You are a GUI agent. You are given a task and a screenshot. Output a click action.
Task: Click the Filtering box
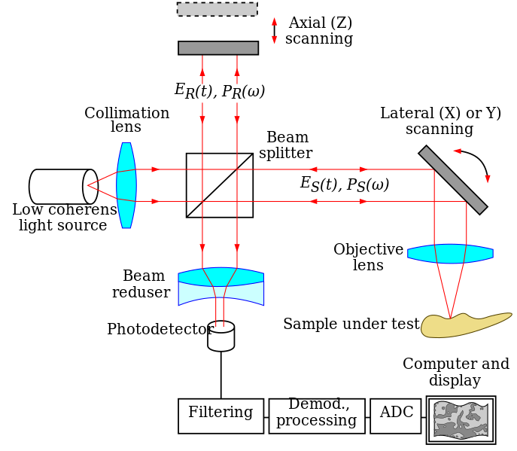coord(220,416)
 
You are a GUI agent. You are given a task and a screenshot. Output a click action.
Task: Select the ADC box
coord(395,416)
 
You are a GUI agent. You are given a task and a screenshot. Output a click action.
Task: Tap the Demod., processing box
coord(317,416)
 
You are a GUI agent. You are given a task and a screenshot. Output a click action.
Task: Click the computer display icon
coord(461,419)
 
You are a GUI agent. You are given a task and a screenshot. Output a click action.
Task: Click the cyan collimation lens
coord(126,185)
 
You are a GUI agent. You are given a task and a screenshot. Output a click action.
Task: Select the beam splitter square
coord(219,185)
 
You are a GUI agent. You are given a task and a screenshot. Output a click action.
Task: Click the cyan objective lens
coord(450,254)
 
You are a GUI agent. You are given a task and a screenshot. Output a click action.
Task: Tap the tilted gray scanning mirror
coord(453,180)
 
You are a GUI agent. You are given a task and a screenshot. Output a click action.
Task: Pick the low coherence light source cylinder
coord(62,186)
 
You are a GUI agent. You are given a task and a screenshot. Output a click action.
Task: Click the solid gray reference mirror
coord(218,48)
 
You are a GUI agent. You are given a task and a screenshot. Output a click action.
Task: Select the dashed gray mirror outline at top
coord(217,9)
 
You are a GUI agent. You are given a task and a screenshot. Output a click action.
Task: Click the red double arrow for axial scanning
coord(274,31)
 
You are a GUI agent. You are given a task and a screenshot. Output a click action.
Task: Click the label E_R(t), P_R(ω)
coord(219,91)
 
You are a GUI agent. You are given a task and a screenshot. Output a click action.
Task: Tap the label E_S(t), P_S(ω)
coord(344,184)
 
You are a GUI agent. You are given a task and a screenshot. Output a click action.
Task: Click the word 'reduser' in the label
coord(141,292)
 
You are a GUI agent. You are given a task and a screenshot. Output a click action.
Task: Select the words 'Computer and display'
coord(455,372)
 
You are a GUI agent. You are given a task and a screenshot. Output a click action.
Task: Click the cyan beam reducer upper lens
coord(220,276)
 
